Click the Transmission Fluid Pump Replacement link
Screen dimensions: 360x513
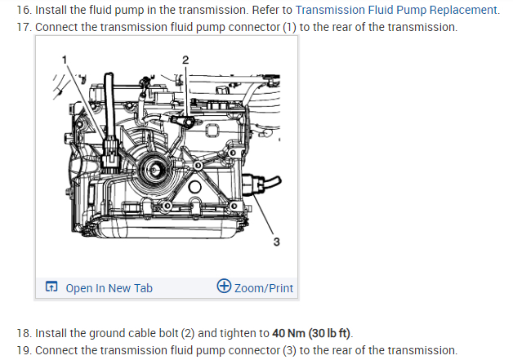[x=397, y=10]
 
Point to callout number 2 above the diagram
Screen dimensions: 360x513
[x=185, y=60]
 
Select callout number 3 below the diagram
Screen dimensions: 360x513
[x=276, y=242]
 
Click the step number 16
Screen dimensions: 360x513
[x=23, y=10]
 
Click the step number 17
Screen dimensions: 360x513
[x=23, y=27]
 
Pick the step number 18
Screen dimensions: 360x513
[x=23, y=333]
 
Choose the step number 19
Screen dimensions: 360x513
[x=23, y=350]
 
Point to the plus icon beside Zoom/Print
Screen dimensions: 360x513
[x=224, y=287]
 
